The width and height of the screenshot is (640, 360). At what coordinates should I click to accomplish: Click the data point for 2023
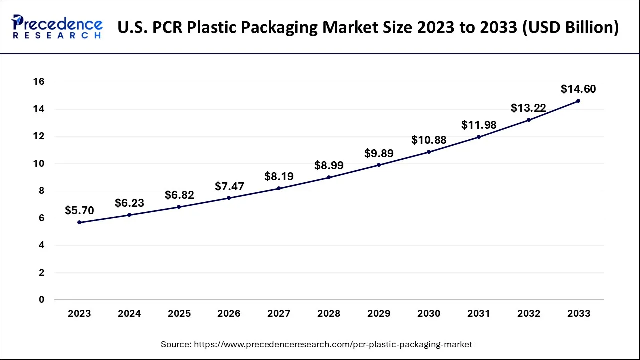79,222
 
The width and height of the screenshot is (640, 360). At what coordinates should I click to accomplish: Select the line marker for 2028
329,177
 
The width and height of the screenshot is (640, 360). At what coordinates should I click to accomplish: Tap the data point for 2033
578,101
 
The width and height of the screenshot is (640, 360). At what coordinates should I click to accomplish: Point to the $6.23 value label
129,203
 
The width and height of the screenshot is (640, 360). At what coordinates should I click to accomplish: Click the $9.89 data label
379,153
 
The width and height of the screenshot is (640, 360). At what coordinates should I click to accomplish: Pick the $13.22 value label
528,108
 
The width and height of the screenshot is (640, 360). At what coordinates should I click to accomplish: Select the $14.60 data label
578,89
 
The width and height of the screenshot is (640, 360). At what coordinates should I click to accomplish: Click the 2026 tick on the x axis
229,314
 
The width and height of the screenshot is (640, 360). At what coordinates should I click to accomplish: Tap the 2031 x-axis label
478,314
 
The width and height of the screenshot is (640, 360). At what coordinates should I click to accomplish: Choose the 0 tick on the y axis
42,300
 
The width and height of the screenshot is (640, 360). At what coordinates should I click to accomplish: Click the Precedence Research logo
57,27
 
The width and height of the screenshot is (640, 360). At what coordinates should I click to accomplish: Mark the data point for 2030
429,152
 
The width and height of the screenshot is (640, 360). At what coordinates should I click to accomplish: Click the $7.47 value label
229,186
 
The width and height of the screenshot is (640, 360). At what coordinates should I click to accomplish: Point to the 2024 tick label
129,314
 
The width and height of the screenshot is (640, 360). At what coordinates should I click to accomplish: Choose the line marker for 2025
179,207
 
